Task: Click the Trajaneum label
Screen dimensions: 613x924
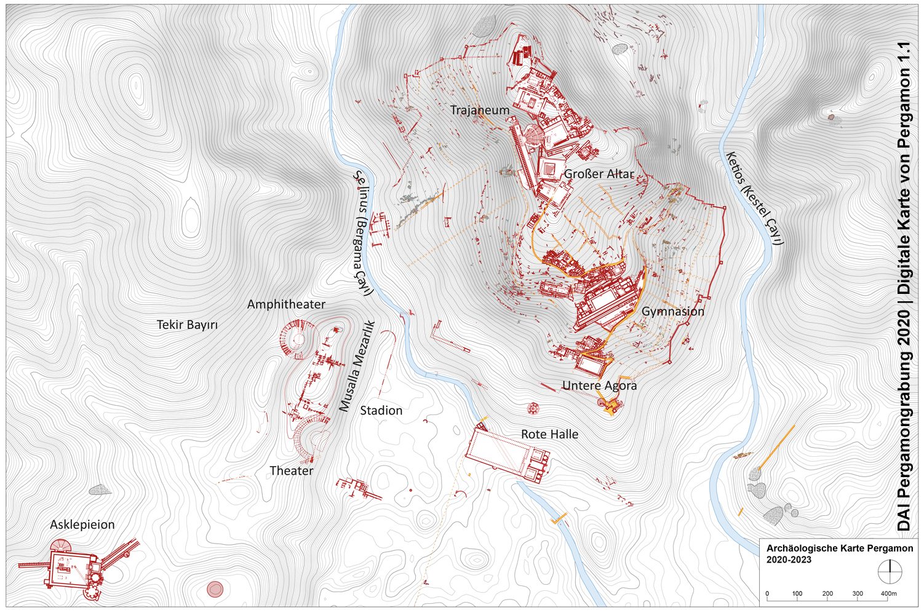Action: click(479, 110)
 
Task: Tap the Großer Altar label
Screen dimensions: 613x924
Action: click(598, 174)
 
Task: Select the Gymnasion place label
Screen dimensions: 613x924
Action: click(672, 311)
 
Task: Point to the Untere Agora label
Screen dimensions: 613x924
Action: click(599, 386)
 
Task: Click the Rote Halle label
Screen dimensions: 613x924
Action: click(549, 434)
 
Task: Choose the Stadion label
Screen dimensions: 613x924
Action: click(381, 410)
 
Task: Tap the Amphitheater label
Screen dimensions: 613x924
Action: click(286, 304)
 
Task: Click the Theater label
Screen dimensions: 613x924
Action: click(291, 470)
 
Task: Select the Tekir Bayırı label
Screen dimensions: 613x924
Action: click(187, 325)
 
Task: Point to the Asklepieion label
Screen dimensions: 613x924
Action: click(82, 524)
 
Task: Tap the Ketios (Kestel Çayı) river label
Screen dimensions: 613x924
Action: click(754, 198)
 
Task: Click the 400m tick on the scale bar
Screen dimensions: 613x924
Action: click(888, 593)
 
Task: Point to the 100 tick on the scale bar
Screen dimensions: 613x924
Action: click(797, 593)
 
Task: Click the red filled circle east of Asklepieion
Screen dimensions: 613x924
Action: click(215, 589)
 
